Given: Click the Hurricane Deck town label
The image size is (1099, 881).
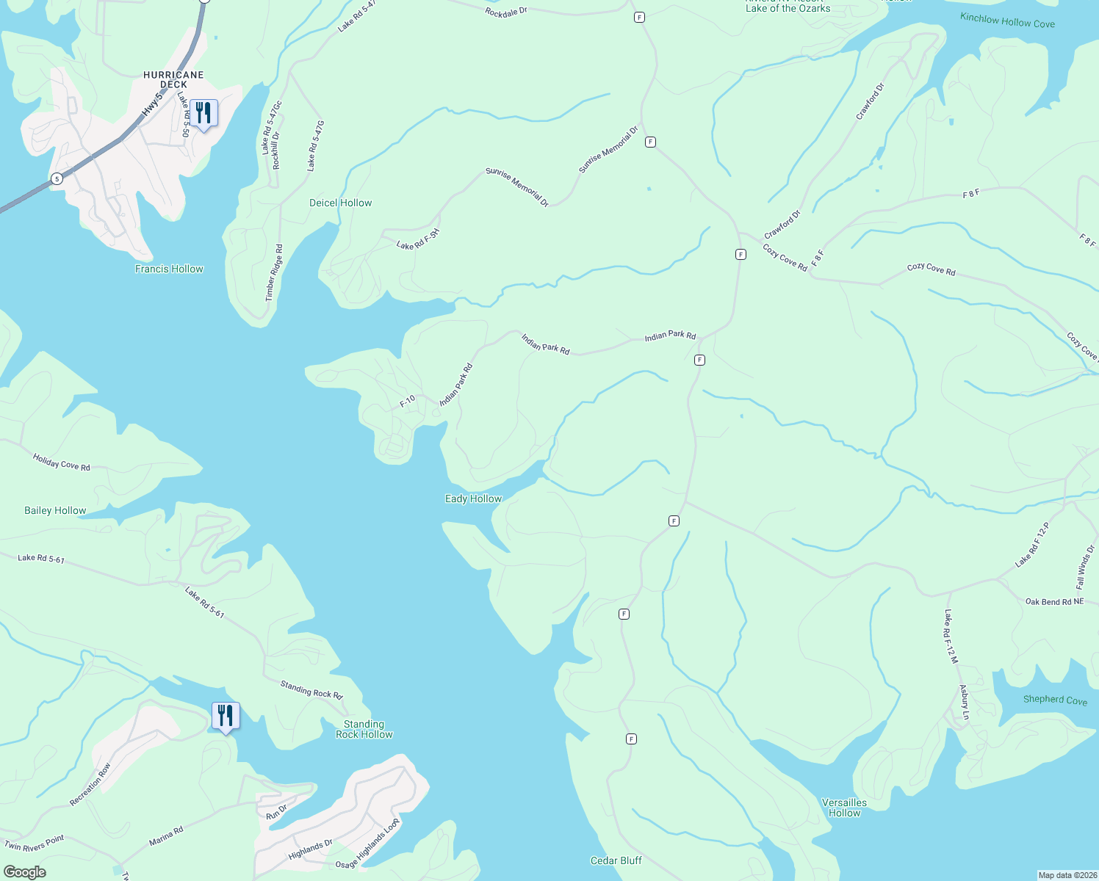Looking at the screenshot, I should point(173,79).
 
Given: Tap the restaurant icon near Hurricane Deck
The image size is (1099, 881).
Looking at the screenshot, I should point(203,114).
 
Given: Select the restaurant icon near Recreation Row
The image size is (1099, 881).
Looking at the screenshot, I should point(226,716).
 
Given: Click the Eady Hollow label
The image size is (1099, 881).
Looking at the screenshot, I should point(473,498).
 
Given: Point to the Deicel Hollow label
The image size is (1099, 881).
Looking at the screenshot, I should point(340,203).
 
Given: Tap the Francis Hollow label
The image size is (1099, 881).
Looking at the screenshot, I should point(169,269).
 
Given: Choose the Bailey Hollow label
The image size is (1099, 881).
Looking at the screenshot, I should point(55,510).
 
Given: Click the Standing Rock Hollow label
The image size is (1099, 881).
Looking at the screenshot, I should point(364,729).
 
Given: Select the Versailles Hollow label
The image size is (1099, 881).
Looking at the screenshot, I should point(844,808).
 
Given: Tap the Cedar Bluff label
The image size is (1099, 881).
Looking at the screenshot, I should point(616,860).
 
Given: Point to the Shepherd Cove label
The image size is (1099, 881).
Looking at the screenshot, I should point(1055,700).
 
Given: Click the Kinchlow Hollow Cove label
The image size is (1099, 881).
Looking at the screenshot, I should point(1007,21).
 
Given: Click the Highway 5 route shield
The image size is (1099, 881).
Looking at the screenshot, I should point(57,178).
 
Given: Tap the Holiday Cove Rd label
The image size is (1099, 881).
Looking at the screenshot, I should point(62,462).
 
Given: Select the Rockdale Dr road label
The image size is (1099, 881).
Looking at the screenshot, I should point(506,12).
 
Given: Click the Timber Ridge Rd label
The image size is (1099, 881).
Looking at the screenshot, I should point(273,273).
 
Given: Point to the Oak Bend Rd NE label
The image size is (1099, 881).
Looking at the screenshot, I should point(1054,601).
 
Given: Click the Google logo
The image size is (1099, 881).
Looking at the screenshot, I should point(25,871).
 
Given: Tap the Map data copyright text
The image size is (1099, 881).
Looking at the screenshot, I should point(1067,875).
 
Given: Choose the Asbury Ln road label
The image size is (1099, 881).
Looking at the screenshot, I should point(964,703).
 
